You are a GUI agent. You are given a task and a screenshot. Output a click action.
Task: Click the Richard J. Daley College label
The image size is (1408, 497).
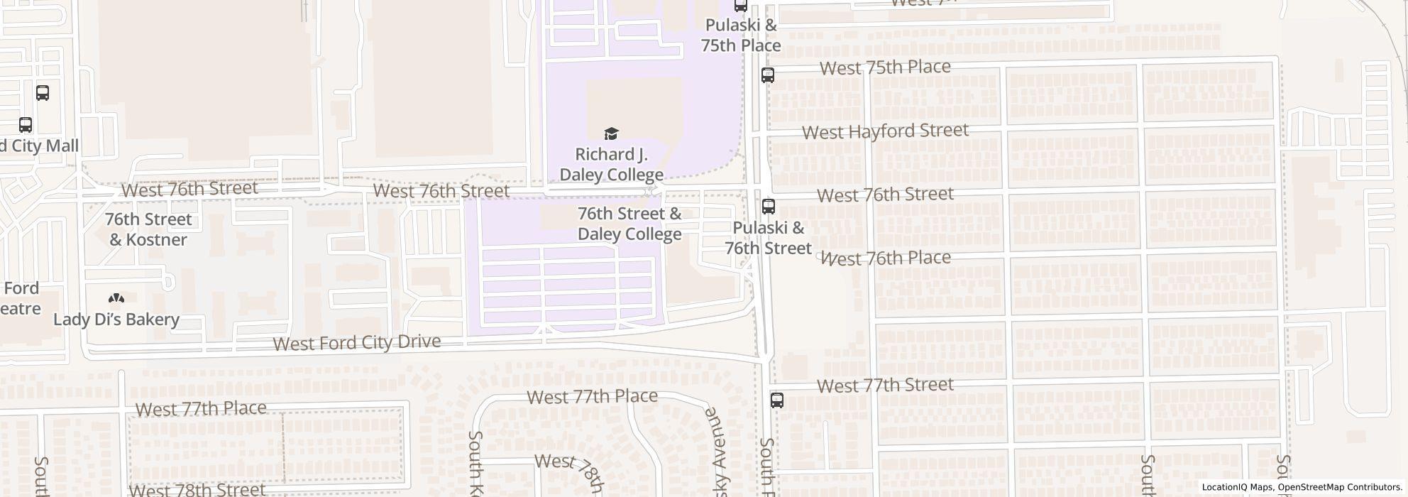[x=611, y=164]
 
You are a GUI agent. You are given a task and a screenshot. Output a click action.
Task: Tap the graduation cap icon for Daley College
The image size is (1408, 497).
[x=611, y=133]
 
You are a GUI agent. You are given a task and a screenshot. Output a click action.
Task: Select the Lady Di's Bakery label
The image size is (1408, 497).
[x=116, y=319]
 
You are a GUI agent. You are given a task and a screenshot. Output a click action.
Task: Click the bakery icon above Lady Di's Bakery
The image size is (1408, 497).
[x=116, y=299]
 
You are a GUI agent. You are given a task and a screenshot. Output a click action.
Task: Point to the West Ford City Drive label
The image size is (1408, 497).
[x=357, y=343]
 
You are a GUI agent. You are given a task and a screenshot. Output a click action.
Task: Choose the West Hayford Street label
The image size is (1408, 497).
[x=885, y=131]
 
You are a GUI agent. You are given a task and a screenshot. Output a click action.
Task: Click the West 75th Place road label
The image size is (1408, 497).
[x=885, y=67]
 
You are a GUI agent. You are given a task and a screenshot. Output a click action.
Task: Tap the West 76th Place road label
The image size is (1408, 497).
[x=886, y=258]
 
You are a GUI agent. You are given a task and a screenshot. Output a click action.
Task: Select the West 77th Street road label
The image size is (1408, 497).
[x=885, y=386]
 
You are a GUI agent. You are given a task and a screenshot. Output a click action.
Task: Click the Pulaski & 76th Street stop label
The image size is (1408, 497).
[x=768, y=238]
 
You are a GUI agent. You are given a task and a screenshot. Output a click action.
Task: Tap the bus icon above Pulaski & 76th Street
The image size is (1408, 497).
[x=768, y=207]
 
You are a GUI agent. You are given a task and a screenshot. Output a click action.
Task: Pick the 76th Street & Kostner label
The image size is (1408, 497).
[x=148, y=229]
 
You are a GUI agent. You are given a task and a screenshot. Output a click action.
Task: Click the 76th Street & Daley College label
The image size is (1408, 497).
[x=629, y=224]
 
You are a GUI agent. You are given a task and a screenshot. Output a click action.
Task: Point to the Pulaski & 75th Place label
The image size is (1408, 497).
[x=741, y=35]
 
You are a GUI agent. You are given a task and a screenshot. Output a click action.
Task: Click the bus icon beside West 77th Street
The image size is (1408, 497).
[x=777, y=400]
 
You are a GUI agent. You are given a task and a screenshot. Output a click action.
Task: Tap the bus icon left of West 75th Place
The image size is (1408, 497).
[x=767, y=75]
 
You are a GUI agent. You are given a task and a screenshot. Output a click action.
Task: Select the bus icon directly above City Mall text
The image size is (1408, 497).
[x=26, y=125]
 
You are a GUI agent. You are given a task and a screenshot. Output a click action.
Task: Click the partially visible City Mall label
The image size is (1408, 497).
[x=39, y=146]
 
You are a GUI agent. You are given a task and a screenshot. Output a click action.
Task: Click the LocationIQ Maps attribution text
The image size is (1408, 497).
[x=1237, y=487]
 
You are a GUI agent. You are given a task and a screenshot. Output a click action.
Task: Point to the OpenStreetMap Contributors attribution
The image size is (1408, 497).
[x=1339, y=487]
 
